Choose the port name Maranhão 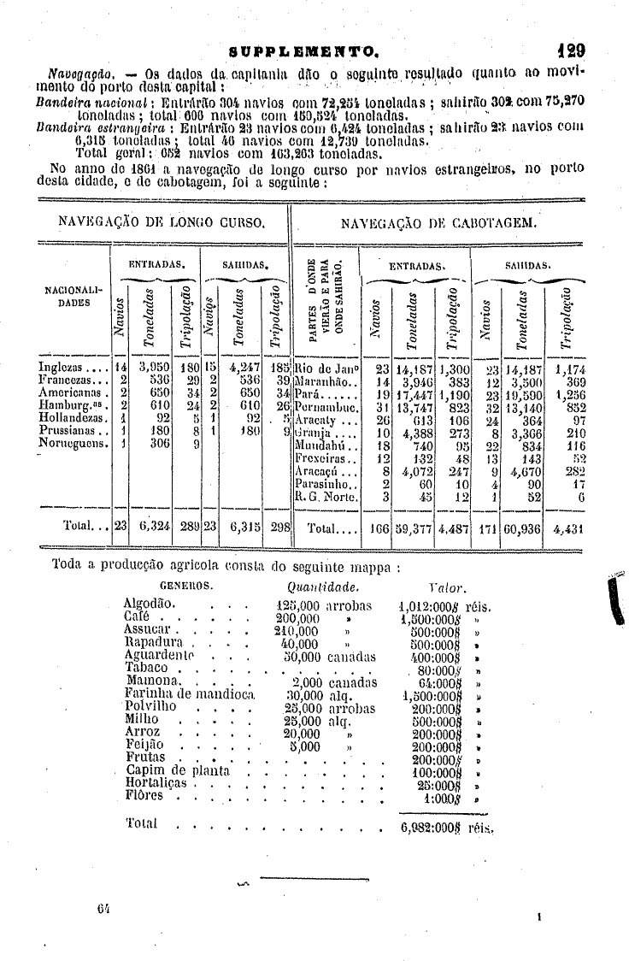tap(320, 380)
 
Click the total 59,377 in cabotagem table tap(413, 528)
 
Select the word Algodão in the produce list tap(150, 604)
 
